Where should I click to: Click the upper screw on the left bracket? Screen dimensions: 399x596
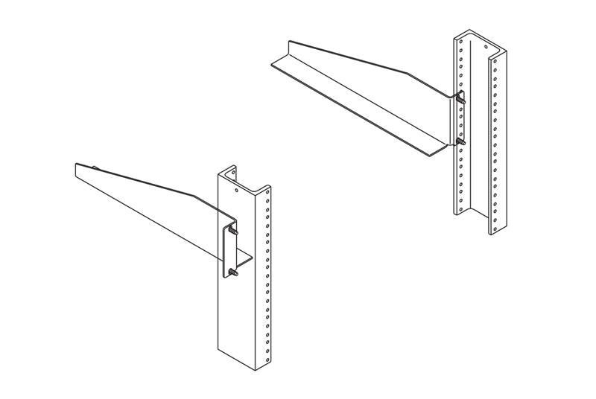pos(235,232)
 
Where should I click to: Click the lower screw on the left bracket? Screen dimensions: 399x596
pos(235,275)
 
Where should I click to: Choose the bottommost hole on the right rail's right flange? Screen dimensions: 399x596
pos(494,220)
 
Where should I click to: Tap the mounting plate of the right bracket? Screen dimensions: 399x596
pos(453,119)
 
